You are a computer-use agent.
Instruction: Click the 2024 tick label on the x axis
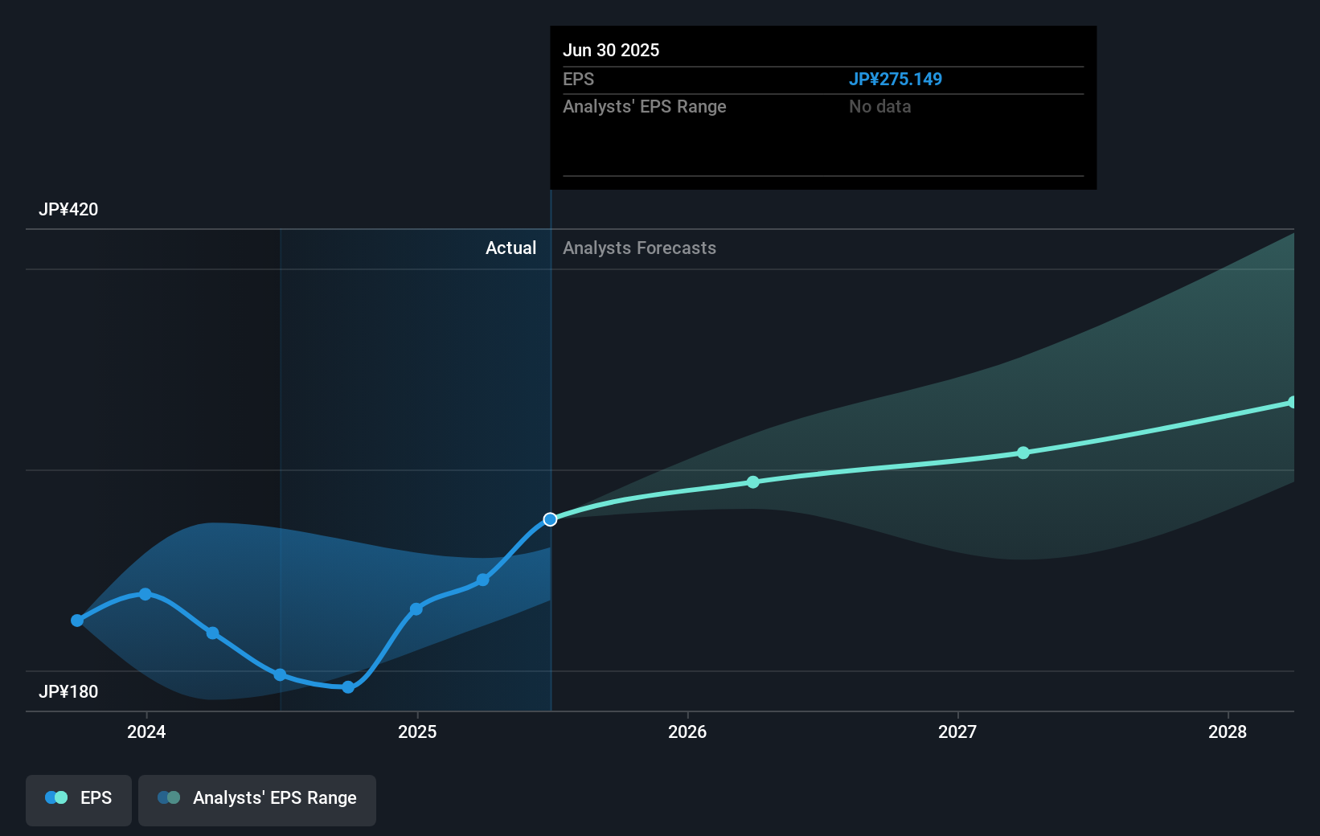point(146,731)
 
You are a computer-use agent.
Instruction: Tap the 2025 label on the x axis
point(417,731)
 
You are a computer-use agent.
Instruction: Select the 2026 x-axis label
point(687,731)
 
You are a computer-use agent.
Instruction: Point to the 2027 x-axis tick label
point(957,731)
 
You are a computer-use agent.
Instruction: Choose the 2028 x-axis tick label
point(1228,731)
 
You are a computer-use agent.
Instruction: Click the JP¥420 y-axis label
point(68,210)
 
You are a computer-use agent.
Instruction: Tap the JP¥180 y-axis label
point(68,692)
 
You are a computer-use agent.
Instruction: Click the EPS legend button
point(79,798)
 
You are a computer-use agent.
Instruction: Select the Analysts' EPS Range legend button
point(257,798)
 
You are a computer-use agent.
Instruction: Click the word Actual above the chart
point(510,248)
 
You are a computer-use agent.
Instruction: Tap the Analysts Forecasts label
point(639,248)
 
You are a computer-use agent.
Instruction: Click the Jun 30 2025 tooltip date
point(611,51)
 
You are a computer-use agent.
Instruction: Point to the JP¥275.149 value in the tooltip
point(895,80)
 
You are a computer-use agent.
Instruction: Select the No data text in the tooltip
point(879,107)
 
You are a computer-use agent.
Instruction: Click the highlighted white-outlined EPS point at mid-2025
point(550,519)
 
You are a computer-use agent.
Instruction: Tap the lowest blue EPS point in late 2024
point(348,687)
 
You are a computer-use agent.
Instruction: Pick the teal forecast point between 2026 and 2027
point(753,482)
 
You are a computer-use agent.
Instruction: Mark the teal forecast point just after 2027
point(1023,453)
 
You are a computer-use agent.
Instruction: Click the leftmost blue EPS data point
point(77,621)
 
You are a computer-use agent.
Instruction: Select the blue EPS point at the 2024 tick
point(146,594)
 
